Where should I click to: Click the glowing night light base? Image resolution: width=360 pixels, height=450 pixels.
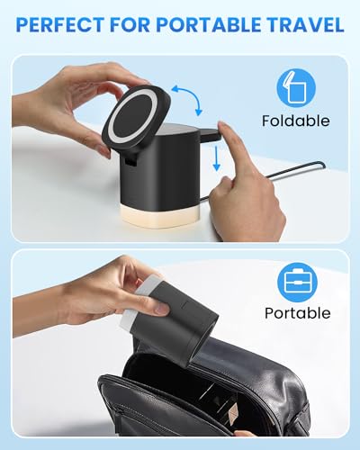click(x=162, y=208)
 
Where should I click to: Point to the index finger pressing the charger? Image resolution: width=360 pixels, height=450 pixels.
click(x=229, y=144)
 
